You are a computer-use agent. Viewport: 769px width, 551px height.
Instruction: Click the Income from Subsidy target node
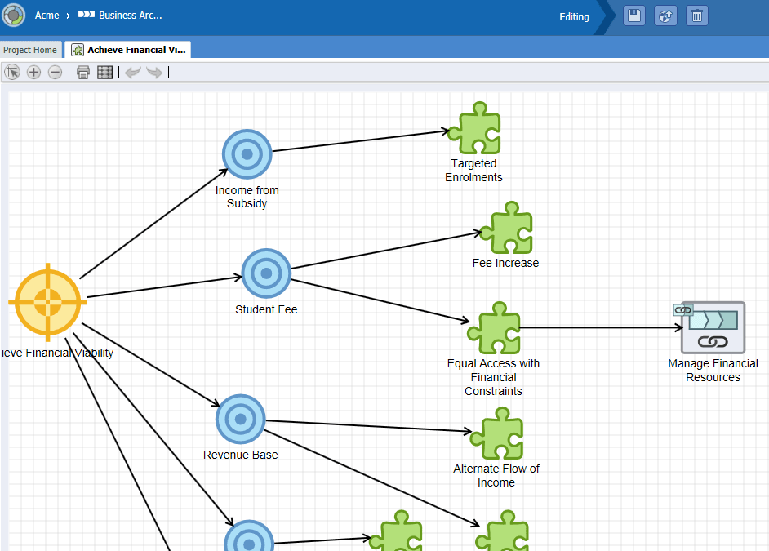(247, 154)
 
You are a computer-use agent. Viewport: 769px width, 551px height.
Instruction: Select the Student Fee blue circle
(266, 273)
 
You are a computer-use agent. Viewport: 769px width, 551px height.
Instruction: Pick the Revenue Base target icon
(240, 419)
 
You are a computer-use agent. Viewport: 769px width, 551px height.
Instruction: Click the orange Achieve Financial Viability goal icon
(47, 303)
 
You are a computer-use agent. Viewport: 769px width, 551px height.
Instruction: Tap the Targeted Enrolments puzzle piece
(476, 128)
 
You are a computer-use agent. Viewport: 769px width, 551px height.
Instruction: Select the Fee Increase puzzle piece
(507, 228)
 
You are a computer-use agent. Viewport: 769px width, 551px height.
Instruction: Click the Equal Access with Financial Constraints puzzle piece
(495, 328)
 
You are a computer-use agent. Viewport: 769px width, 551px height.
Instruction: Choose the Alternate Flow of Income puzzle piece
(497, 433)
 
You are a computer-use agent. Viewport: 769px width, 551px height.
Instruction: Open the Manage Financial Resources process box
(713, 327)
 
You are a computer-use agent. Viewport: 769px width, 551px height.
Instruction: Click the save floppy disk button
(634, 16)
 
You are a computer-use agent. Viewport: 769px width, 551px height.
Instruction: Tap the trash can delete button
(697, 16)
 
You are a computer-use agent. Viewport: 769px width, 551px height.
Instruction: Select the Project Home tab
(30, 50)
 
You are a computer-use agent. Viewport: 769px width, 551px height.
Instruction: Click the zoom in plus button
(33, 73)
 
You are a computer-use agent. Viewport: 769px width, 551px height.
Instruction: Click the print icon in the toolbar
(83, 73)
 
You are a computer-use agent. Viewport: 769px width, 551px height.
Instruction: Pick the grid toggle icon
(105, 73)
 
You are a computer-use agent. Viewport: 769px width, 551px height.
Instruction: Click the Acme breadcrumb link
(47, 16)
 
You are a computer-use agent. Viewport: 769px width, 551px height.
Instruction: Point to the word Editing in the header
(574, 16)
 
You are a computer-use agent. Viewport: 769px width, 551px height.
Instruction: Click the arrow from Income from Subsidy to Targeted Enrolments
(361, 140)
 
